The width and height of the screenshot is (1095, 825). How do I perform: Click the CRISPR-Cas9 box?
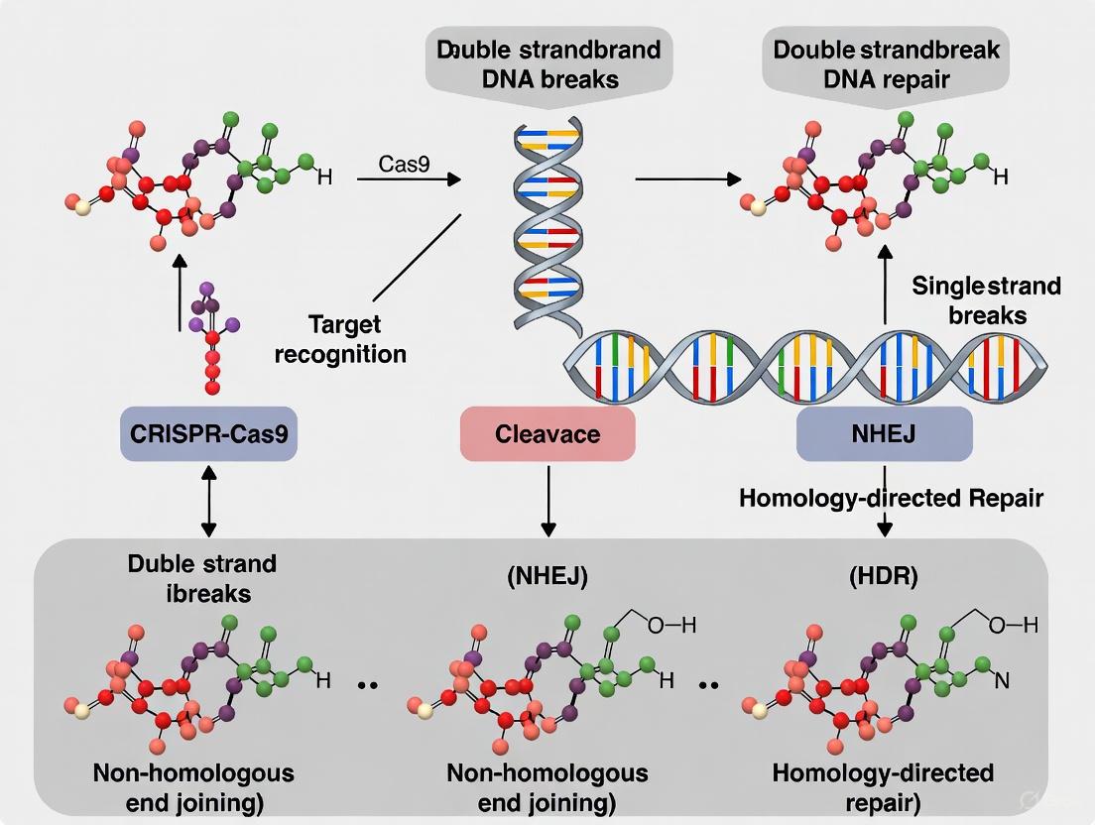(x=208, y=434)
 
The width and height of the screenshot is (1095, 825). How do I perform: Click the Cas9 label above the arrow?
(x=404, y=164)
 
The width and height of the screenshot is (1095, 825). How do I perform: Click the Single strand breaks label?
(x=986, y=299)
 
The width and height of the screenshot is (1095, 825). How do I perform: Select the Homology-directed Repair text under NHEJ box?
(x=891, y=497)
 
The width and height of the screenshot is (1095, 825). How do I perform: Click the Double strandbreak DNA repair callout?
(x=886, y=64)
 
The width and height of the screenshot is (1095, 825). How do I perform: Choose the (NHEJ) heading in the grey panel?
(x=547, y=576)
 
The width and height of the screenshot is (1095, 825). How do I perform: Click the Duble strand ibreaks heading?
(x=202, y=578)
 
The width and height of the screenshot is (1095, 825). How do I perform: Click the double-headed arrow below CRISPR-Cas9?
(x=208, y=500)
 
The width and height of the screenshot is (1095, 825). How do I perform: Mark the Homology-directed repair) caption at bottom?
(x=882, y=785)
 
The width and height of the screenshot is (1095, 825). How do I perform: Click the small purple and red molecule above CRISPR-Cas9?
(x=211, y=337)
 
